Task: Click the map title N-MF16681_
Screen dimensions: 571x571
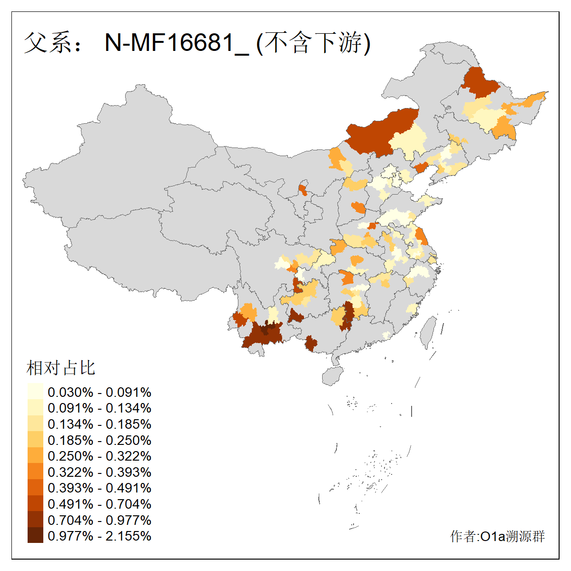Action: pos(176,43)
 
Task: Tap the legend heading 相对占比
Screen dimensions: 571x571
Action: pos(61,368)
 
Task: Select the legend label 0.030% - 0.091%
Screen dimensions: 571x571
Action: pos(99,393)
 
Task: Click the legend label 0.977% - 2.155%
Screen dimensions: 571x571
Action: pos(99,536)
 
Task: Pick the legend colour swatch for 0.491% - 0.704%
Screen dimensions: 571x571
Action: pos(35,504)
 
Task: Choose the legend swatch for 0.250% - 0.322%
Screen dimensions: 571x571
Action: pos(35,456)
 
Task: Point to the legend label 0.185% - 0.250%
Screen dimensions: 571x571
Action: pos(99,440)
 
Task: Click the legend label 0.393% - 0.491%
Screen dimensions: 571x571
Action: pos(99,488)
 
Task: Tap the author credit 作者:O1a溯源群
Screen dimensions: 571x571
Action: pos(497,537)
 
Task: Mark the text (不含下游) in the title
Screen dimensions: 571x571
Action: pos(313,43)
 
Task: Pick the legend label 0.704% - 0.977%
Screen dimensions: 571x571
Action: pos(99,520)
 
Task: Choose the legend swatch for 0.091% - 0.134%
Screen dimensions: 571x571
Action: pos(35,408)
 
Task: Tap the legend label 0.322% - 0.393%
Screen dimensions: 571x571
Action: pos(99,472)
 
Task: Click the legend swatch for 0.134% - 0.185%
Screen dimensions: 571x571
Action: pos(35,424)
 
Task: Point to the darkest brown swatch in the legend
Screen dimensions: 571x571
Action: pos(35,536)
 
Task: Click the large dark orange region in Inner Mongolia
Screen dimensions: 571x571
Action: pos(381,131)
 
